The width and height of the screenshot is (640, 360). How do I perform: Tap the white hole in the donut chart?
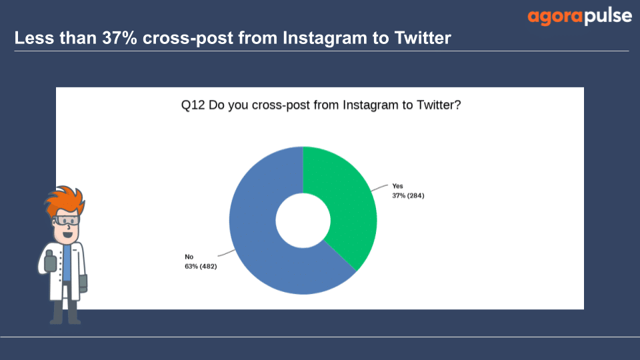303,221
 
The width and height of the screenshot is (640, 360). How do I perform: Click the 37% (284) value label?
408,196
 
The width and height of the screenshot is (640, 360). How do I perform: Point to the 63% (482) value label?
201,267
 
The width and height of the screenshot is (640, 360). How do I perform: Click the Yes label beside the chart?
397,186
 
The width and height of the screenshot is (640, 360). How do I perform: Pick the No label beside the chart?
189,257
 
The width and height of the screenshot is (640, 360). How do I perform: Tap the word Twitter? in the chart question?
439,105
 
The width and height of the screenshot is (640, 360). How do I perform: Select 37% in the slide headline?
119,38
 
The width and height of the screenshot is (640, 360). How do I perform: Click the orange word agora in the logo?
555,17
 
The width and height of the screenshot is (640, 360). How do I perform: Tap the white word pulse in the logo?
608,16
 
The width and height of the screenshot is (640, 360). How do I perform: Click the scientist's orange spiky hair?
65,201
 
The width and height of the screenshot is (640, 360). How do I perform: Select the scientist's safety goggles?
66,221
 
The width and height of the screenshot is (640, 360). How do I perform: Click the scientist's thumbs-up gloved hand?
50,261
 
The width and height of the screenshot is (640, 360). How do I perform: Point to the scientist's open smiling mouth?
68,235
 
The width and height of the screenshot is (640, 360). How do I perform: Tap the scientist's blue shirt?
67,263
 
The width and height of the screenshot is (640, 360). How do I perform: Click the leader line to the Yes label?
379,188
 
